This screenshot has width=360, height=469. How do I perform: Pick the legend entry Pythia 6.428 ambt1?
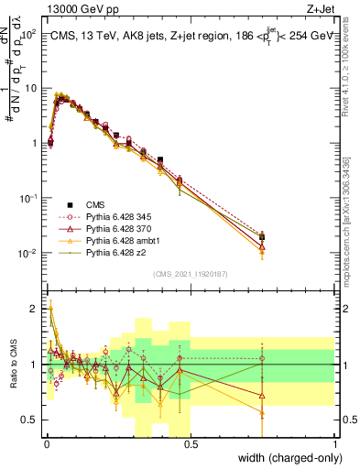click(116, 238)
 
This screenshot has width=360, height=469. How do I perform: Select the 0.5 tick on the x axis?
click(191, 443)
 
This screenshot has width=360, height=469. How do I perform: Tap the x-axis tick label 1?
click(336, 443)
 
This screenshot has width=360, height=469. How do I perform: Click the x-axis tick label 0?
click(46, 443)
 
